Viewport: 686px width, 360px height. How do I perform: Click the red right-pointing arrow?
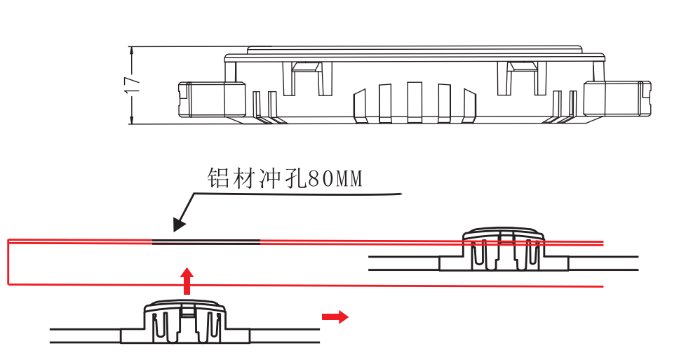coord(335,317)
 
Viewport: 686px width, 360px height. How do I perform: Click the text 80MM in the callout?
coord(335,179)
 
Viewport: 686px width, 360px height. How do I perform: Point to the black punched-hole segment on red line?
coord(206,242)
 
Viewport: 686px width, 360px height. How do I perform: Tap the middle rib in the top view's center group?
coord(415,102)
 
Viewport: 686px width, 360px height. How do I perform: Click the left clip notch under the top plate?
coord(307,67)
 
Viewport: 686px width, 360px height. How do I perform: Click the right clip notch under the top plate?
coord(523,67)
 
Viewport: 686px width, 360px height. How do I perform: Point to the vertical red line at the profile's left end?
coord(8,262)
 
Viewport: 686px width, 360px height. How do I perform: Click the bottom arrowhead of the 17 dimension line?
coord(132,120)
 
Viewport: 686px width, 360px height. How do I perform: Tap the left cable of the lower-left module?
coord(84,335)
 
